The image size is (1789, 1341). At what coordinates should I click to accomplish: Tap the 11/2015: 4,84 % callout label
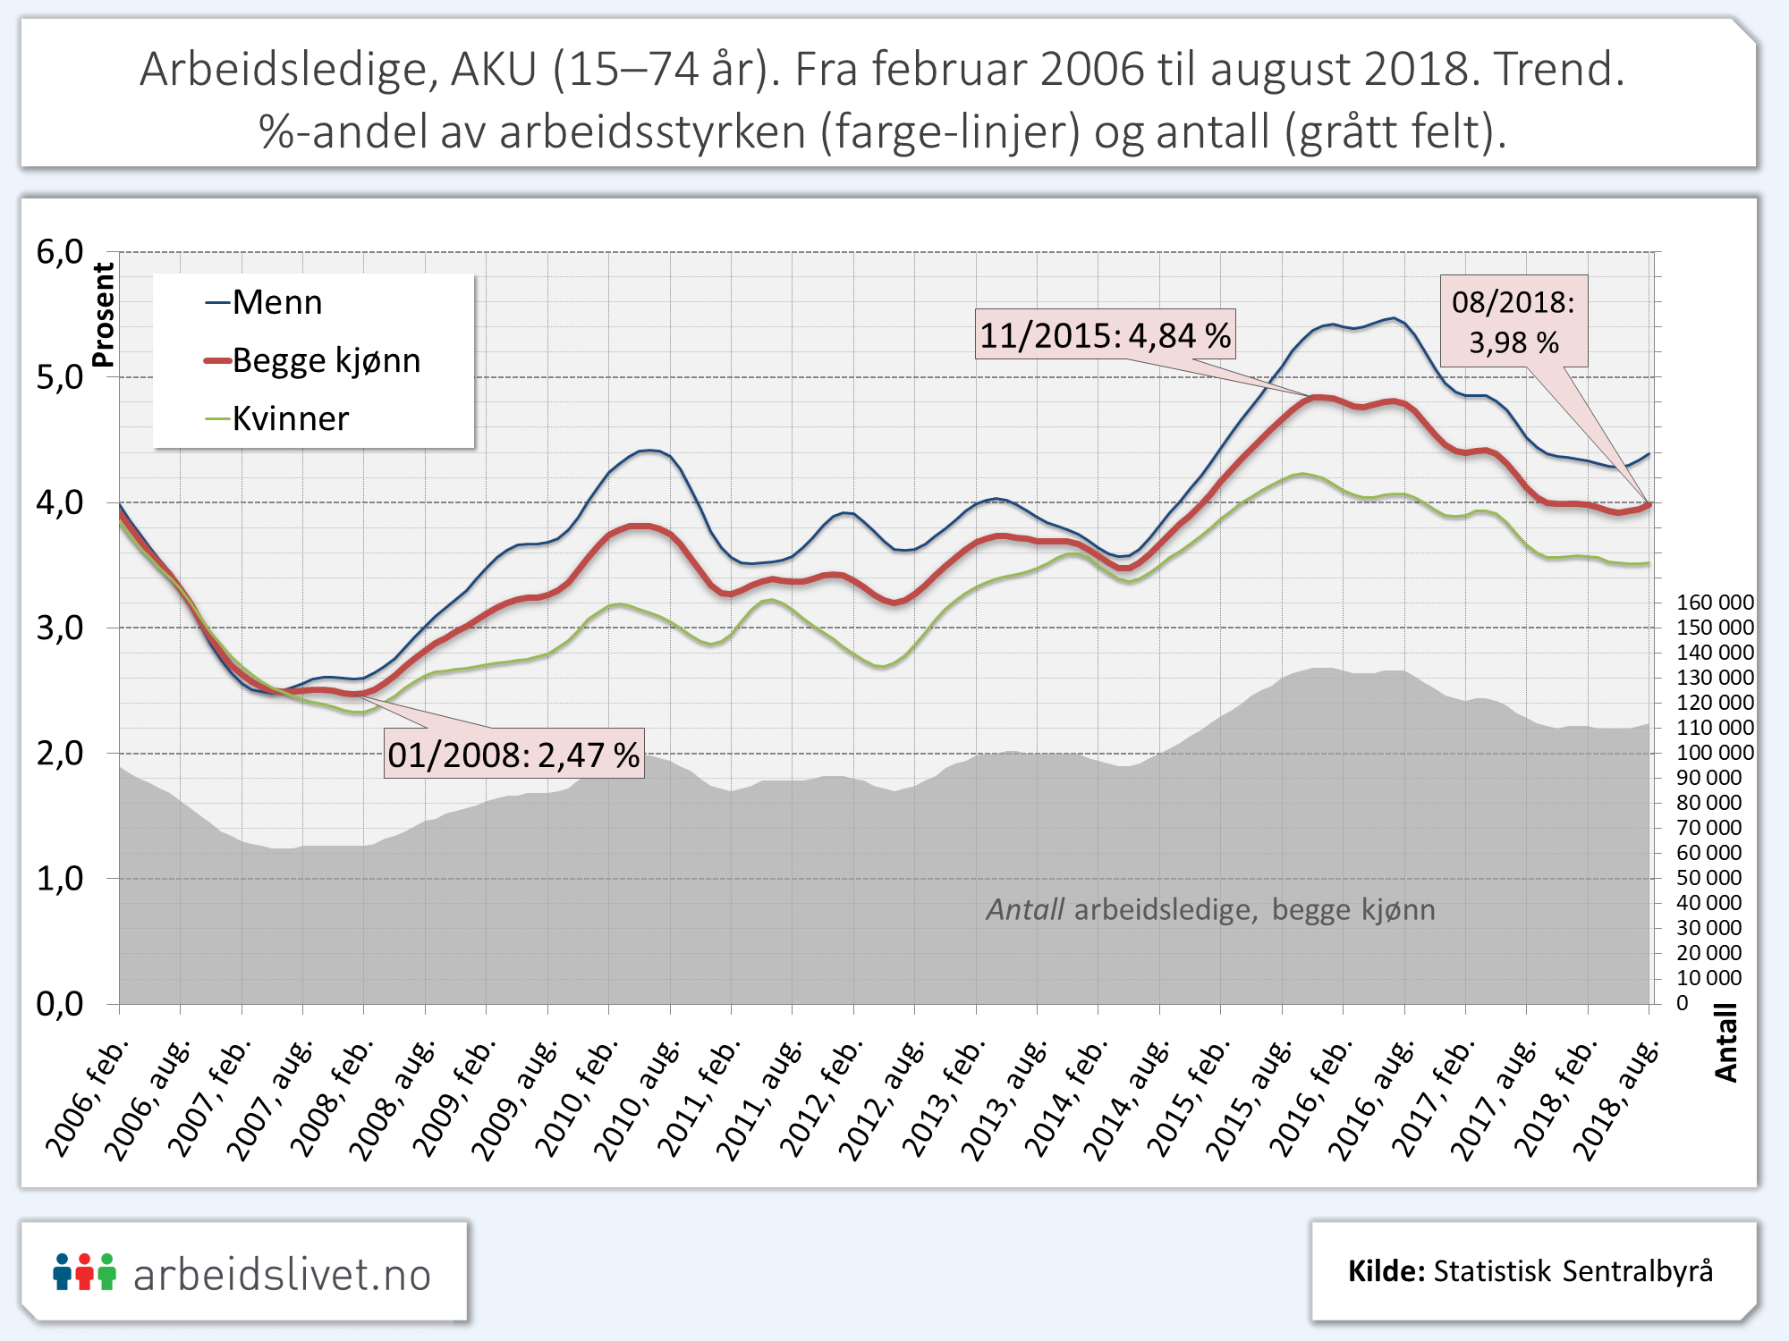[1105, 335]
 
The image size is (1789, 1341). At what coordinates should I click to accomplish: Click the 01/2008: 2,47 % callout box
[513, 755]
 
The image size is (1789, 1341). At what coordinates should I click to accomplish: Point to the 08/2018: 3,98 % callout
[1513, 322]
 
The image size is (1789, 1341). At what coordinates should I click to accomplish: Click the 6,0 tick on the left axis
[60, 253]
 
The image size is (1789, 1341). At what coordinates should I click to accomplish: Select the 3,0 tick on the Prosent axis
[60, 628]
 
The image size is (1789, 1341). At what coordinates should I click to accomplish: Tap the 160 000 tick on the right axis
[1714, 603]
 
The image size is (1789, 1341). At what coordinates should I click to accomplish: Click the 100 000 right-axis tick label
[1714, 753]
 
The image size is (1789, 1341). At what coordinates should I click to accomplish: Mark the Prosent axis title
[104, 315]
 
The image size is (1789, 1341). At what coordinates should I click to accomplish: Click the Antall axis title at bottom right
[1725, 1042]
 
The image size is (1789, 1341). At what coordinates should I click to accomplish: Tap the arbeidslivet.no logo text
[282, 1275]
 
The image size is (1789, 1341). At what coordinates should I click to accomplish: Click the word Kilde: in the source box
[1386, 1271]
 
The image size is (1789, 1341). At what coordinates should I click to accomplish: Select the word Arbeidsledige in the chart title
[288, 70]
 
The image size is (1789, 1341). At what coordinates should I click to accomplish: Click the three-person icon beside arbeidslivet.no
[84, 1271]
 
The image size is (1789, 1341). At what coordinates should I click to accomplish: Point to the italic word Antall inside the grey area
[1024, 910]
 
